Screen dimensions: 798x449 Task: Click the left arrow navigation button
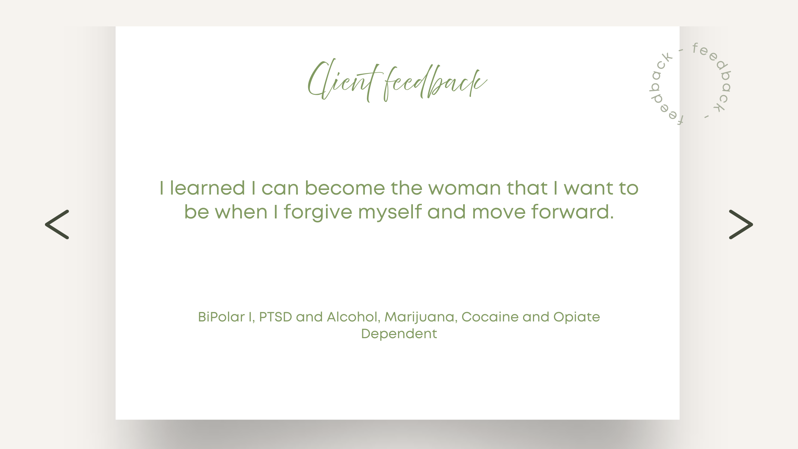tap(57, 224)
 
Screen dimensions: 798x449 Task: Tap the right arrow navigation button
tap(741, 224)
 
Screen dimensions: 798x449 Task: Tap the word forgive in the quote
tap(318, 212)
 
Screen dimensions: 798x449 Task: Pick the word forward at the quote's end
tap(572, 212)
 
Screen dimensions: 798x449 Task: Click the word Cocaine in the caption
tap(490, 317)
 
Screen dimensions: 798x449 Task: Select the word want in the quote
tap(588, 189)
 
